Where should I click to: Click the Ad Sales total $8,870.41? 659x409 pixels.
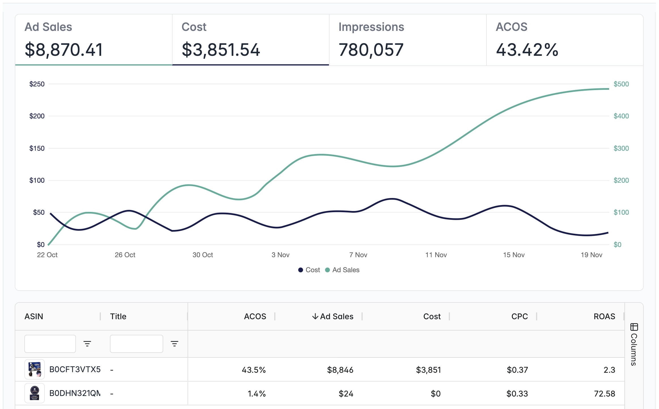(x=64, y=50)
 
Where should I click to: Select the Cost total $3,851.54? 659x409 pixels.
(x=221, y=50)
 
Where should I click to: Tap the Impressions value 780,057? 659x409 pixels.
(x=371, y=50)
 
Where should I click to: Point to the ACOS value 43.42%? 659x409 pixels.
(x=527, y=50)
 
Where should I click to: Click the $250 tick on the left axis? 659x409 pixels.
(x=37, y=84)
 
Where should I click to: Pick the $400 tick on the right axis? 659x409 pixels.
(x=621, y=116)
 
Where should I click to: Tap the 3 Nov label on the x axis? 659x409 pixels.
(x=280, y=255)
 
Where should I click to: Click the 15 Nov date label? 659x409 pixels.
(x=514, y=255)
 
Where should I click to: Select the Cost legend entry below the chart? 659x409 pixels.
(x=309, y=270)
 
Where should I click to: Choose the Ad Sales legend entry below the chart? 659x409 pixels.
(x=342, y=270)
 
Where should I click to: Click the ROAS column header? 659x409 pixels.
(x=604, y=316)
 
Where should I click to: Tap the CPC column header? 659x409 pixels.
(x=520, y=316)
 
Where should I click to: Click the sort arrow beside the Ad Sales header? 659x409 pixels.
(x=315, y=316)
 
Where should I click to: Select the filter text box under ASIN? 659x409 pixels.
(x=50, y=344)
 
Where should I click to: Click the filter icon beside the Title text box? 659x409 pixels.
(x=175, y=344)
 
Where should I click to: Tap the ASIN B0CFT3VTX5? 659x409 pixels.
(x=75, y=370)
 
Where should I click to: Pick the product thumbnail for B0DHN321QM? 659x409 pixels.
(x=35, y=393)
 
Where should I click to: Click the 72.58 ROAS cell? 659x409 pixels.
(x=605, y=394)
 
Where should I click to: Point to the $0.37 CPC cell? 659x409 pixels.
(x=517, y=370)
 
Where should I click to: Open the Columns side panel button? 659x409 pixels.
(x=634, y=344)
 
